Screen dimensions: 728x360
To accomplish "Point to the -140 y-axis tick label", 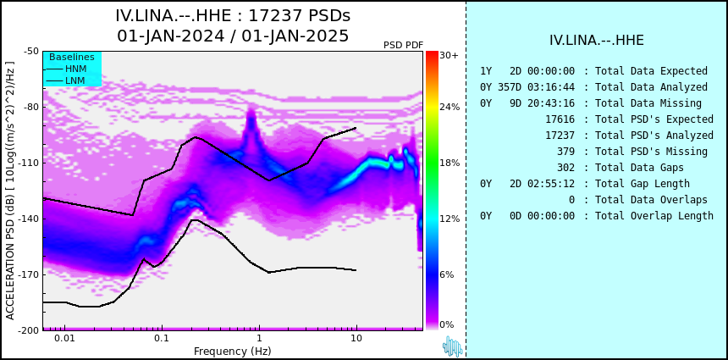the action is coord(30,219).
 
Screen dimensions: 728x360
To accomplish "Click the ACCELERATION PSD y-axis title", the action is coord(10,191).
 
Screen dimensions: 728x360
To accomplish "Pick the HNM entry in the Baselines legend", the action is coord(65,69).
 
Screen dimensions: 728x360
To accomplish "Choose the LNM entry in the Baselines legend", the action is coord(65,81).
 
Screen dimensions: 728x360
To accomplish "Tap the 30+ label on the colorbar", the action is coord(449,55).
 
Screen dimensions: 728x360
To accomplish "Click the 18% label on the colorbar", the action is coord(449,163).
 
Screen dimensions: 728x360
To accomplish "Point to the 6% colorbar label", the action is coord(447,274).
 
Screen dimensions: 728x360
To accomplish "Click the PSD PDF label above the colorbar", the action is coord(404,45).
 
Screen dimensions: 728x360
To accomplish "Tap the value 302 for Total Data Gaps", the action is coord(565,168).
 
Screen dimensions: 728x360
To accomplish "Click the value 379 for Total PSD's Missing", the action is coord(565,152).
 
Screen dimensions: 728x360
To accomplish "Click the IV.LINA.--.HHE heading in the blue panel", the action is coord(597,41).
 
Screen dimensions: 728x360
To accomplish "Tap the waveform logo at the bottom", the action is coord(453,346).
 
